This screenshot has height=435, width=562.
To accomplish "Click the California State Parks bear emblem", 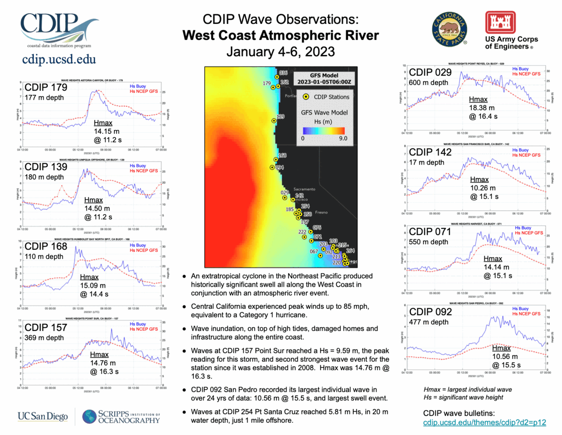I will tap(449, 28).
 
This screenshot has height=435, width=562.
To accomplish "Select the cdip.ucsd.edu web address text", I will tap(59, 60).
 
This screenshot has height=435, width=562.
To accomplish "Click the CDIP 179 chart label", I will tap(46, 87).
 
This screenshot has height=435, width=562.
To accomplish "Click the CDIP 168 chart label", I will tap(46, 247).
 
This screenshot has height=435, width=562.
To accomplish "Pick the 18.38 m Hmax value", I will tap(482, 108).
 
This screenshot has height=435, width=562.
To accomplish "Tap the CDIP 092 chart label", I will tap(430, 312).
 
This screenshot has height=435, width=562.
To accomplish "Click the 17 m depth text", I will tap(427, 162).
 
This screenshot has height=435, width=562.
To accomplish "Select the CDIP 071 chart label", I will tap(430, 232).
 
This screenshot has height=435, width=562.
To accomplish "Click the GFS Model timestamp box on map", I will tap(323, 79).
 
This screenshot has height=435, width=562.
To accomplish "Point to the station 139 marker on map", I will tap(274, 121).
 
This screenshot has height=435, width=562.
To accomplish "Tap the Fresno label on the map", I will tap(321, 213).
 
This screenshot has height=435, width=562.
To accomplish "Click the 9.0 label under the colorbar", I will tap(342, 138).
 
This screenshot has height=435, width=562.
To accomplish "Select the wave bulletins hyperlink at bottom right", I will tap(484, 422).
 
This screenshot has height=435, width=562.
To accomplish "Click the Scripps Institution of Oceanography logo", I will tap(121, 416).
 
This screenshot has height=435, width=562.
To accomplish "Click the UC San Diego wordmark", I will tap(43, 416).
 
